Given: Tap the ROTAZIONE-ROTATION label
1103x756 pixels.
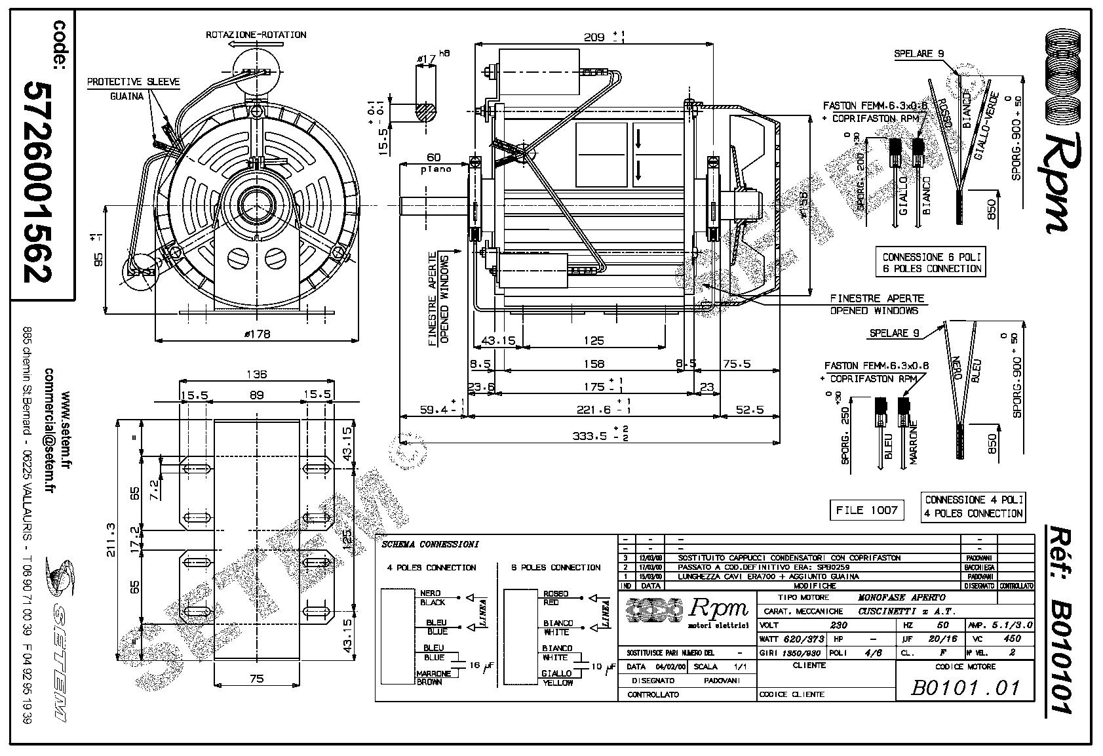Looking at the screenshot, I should click(256, 34).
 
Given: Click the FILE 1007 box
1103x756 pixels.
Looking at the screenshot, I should click(866, 509).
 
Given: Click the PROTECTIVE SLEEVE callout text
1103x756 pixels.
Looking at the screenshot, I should click(134, 82).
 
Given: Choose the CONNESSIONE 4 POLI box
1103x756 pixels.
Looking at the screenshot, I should click(973, 507).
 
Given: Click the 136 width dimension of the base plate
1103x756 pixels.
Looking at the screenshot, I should click(257, 374).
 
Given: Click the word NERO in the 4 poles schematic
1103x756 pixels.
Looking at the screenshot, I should click(430, 593).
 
